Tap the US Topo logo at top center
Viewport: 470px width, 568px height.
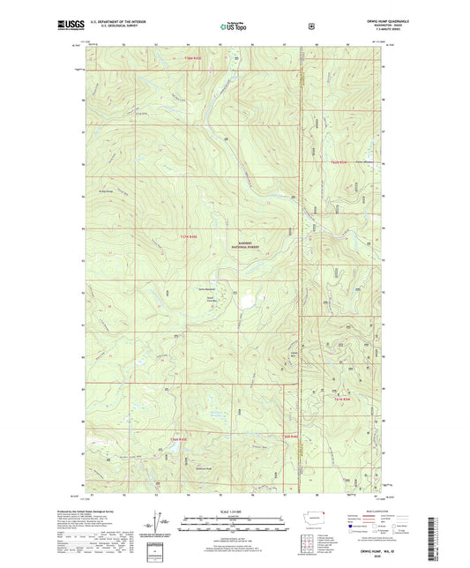pyautogui.click(x=234, y=27)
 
